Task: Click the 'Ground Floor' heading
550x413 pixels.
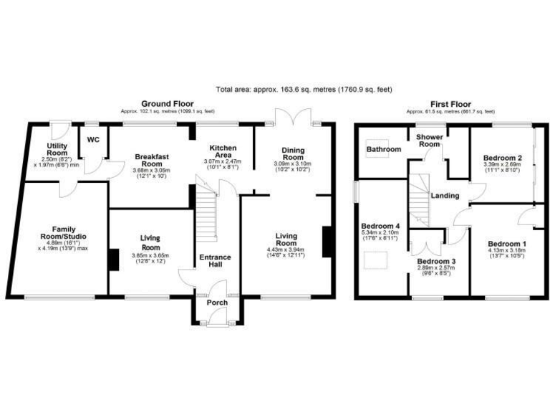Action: [x=168, y=104]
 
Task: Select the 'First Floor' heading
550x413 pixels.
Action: [x=450, y=104]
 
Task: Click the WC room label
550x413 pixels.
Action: [x=93, y=140]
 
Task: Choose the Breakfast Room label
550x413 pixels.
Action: [x=150, y=160]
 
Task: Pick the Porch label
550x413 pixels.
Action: [x=217, y=303]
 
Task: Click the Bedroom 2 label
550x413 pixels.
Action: [x=501, y=157]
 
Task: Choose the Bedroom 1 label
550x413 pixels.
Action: [x=507, y=244]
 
